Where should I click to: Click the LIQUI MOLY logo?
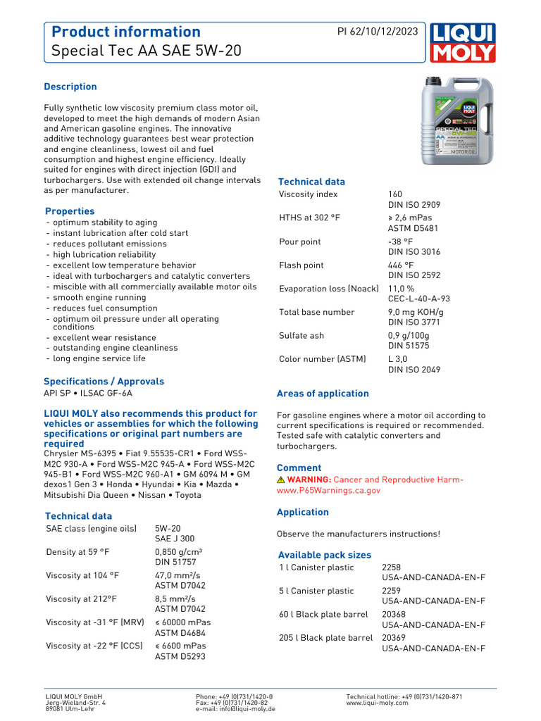click(462, 42)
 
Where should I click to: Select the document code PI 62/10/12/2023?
click(377, 32)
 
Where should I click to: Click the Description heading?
click(70, 87)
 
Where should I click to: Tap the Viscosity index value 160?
click(396, 194)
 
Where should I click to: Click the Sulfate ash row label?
click(301, 336)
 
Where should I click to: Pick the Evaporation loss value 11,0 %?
click(402, 289)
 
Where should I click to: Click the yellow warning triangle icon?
click(281, 479)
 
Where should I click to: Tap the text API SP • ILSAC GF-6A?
click(88, 394)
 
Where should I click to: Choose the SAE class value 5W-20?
click(168, 528)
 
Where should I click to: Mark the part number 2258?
click(392, 568)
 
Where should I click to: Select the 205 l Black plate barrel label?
click(325, 638)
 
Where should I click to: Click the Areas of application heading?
click(323, 394)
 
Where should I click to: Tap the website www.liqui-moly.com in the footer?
click(377, 703)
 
